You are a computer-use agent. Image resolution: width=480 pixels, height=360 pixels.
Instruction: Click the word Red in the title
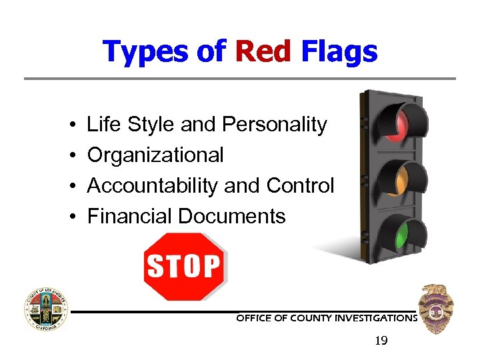tap(263, 51)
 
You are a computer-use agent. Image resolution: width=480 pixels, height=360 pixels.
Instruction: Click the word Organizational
tap(155, 155)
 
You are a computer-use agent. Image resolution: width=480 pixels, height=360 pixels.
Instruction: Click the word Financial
tap(130, 217)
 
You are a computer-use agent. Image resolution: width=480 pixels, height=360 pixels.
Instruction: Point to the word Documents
tap(231, 217)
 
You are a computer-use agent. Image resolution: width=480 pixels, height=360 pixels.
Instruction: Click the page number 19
tap(381, 341)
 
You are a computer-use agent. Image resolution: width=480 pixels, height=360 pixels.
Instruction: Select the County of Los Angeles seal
tap(46, 309)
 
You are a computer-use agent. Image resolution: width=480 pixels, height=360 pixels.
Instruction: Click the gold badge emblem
tap(436, 308)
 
